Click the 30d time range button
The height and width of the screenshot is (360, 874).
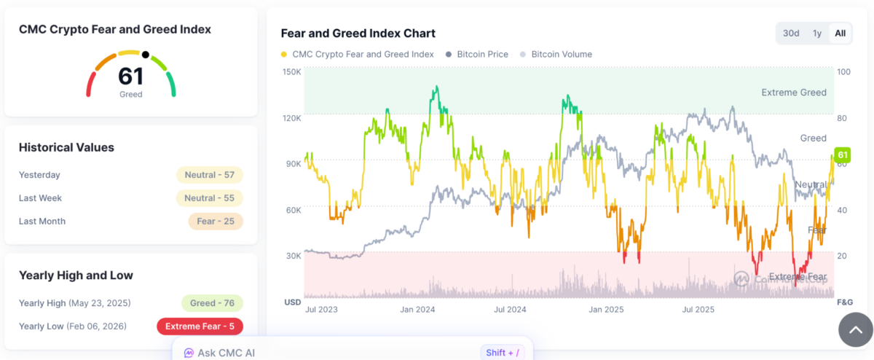pyautogui.click(x=791, y=34)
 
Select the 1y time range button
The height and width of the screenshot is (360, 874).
pyautogui.click(x=817, y=34)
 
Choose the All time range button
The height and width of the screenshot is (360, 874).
pyautogui.click(x=840, y=34)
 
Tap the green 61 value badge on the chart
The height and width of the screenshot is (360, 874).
pyautogui.click(x=842, y=155)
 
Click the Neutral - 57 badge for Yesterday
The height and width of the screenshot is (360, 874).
pyautogui.click(x=209, y=175)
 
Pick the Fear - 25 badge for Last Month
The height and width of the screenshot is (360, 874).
pyautogui.click(x=215, y=222)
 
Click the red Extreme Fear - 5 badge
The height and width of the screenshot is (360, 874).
pyautogui.click(x=200, y=326)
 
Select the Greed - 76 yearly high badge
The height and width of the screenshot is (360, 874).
pyautogui.click(x=212, y=303)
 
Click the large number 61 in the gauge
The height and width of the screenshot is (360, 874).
pyautogui.click(x=131, y=77)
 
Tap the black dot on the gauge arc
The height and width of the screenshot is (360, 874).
pyautogui.click(x=146, y=55)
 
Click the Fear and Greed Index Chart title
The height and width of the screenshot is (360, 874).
pyautogui.click(x=358, y=34)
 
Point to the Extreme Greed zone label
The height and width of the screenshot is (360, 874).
pyautogui.click(x=793, y=93)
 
